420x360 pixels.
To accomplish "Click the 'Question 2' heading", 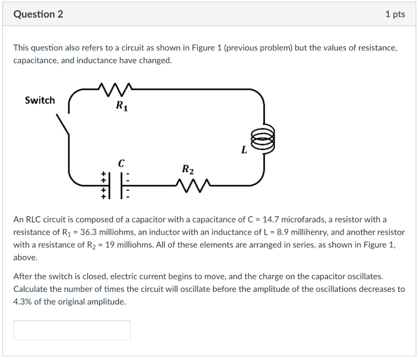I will click(x=38, y=14).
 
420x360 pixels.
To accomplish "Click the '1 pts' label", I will click(x=395, y=14).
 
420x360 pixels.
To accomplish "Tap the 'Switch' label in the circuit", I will click(x=40, y=101).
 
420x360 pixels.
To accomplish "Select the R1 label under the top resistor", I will click(x=121, y=106).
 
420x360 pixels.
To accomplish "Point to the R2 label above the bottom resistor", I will click(x=188, y=169).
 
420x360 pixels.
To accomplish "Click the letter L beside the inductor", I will click(x=244, y=150).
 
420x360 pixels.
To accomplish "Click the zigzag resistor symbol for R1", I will click(x=114, y=88).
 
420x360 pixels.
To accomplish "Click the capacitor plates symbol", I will click(x=116, y=185).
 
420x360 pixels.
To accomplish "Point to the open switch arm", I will click(x=63, y=123).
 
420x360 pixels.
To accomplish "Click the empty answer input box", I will click(x=72, y=330).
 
